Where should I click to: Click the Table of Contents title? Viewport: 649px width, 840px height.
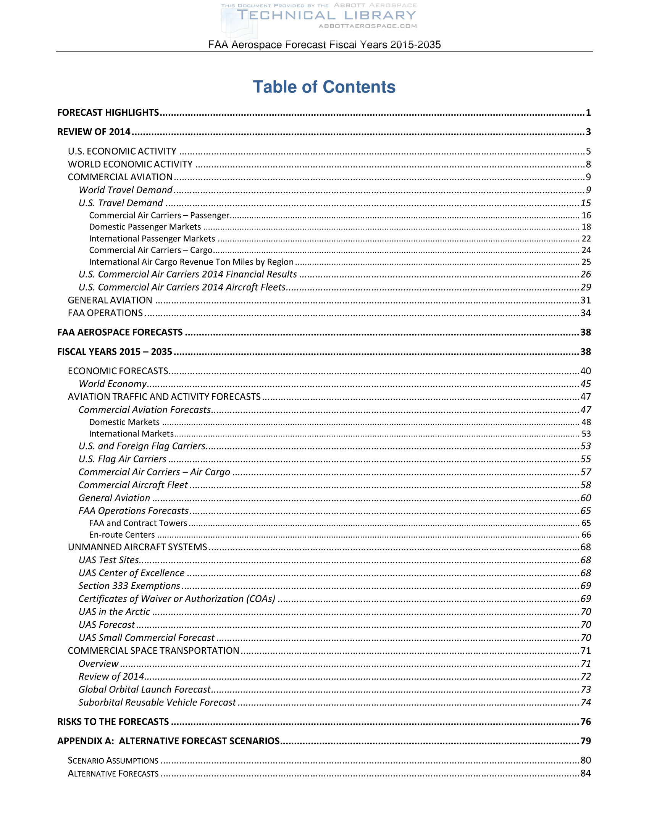[324, 87]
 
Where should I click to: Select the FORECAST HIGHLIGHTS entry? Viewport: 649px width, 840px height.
[108, 112]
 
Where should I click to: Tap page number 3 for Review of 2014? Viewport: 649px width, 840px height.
[588, 132]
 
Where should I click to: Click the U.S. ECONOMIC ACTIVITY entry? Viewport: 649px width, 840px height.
[122, 151]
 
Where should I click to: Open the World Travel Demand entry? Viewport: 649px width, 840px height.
[125, 190]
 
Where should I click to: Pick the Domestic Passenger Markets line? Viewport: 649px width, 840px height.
[145, 227]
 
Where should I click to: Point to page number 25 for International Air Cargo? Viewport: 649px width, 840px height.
[586, 262]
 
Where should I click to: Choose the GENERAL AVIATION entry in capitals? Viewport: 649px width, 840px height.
[110, 300]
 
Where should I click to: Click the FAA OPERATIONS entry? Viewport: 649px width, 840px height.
[105, 313]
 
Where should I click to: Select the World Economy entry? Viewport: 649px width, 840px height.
[113, 384]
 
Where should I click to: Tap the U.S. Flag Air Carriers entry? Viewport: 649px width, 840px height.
[122, 459]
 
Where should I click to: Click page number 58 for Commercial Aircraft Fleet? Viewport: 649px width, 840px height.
[586, 485]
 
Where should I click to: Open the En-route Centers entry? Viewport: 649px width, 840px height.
[122, 535]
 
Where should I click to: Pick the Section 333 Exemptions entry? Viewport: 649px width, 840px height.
[129, 586]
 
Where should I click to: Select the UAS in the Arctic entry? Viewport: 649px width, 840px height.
[114, 612]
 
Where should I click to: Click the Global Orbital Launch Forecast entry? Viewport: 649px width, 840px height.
[145, 689]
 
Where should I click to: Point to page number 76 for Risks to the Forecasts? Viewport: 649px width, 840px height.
[586, 722]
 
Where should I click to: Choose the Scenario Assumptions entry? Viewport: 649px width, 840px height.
[113, 760]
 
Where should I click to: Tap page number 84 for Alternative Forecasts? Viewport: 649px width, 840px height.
[586, 773]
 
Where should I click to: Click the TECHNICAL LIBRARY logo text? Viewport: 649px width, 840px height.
[326, 16]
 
